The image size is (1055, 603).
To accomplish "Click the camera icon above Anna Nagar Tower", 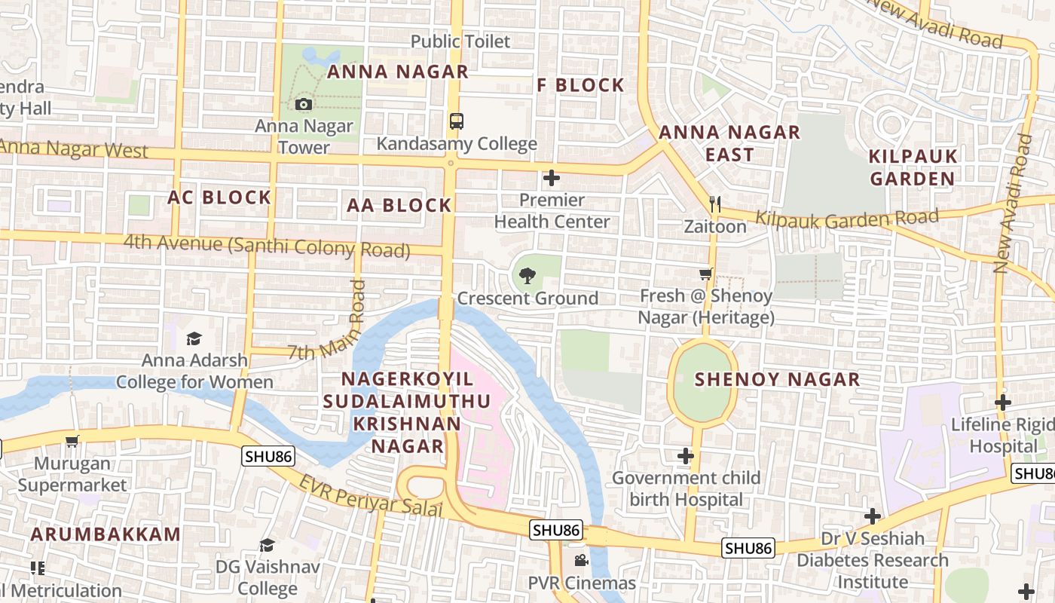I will point(304,104).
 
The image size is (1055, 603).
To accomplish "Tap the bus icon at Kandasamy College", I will point(456,121).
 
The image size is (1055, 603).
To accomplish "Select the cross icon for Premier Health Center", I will point(552,178).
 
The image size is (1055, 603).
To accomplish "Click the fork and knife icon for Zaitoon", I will point(715,204).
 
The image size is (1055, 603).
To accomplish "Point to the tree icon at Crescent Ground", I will point(527,276).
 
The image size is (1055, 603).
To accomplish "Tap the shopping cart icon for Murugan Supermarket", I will point(72,442).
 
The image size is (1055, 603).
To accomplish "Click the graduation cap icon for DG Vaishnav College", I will point(267,544).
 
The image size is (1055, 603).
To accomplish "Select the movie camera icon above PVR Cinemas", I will point(581,560).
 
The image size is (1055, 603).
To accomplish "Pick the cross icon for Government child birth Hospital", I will point(685,455).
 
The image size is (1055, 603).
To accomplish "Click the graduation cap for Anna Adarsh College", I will point(194,338).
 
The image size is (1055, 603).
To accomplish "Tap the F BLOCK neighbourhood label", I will point(580,85).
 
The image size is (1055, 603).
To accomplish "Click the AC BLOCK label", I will point(219,197).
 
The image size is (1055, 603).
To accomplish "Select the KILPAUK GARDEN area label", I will point(913,167).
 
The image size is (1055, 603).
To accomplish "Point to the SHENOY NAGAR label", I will point(777,379).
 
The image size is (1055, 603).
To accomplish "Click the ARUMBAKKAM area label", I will point(105,534).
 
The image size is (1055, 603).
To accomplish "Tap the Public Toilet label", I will point(460,41).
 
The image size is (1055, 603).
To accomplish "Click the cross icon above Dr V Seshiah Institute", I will point(872,516).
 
